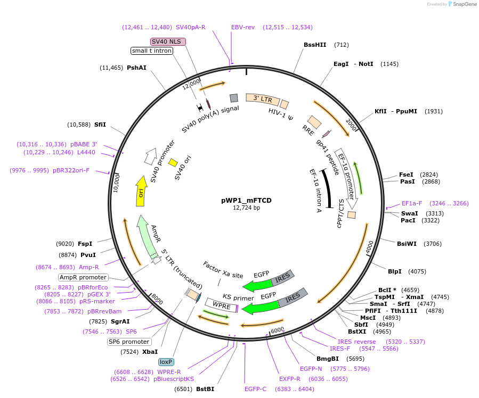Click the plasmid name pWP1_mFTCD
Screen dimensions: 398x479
tap(246, 201)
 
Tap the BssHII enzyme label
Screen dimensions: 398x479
tap(315, 45)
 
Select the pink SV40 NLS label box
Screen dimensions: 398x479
tap(168, 42)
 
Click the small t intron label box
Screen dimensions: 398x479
tap(152, 51)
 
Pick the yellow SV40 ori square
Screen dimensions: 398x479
tap(173, 162)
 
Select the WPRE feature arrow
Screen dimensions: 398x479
tap(222, 305)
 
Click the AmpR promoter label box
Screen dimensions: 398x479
tap(83, 277)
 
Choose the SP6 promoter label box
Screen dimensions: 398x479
tap(129, 342)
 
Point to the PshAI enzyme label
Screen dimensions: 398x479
tap(136, 68)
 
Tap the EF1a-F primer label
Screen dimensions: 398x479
tap(412, 203)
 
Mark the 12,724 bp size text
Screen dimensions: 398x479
tap(246, 208)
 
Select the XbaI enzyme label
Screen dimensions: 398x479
tap(150, 352)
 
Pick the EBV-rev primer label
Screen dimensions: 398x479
tap(243, 27)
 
